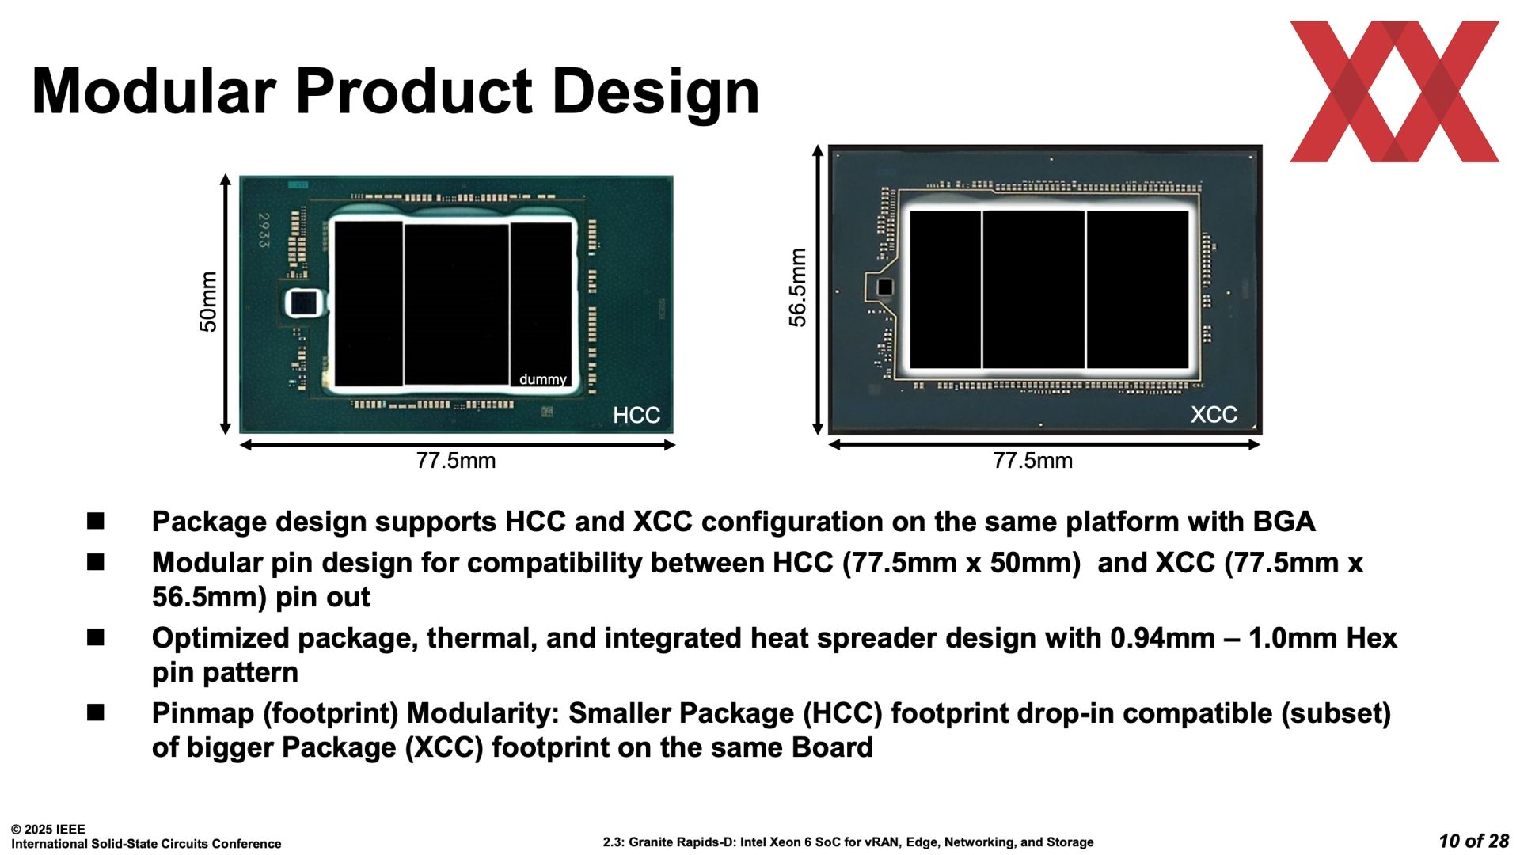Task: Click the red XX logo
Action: (1394, 91)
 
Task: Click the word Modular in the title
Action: (154, 91)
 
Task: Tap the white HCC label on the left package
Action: (636, 415)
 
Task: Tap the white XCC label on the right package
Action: (1214, 414)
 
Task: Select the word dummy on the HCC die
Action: (543, 379)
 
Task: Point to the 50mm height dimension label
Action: (207, 302)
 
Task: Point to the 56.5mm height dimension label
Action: (798, 287)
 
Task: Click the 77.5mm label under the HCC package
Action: (456, 461)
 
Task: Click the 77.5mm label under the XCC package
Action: (1033, 461)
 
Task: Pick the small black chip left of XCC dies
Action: (884, 287)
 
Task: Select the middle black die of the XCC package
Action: (1033, 289)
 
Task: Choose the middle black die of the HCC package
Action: (457, 304)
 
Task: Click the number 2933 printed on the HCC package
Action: (264, 230)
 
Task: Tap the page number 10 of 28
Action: (1474, 841)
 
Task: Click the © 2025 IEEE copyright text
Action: (48, 829)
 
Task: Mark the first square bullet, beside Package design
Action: (96, 521)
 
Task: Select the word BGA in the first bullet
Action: (1284, 522)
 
